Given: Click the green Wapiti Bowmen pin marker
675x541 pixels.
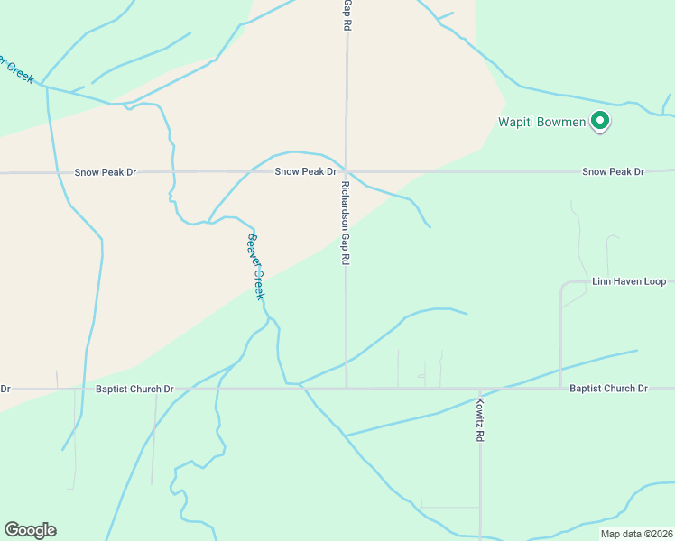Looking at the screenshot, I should [600, 121].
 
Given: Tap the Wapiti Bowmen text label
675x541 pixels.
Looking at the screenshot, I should [542, 122].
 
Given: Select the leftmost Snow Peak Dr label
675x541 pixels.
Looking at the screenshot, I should [106, 171].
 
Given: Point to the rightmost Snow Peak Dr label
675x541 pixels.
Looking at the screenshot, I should [613, 171].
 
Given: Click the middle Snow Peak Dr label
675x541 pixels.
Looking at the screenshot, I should [306, 171].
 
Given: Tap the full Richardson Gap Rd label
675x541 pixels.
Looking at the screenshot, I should [346, 222].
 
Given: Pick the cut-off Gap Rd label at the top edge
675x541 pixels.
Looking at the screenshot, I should [347, 16].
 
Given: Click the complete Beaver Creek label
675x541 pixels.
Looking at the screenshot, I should [255, 268].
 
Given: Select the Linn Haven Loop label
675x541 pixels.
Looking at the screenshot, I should [629, 281].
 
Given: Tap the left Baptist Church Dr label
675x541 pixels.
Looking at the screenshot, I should [134, 390].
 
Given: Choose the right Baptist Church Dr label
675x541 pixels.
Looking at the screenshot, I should [608, 389].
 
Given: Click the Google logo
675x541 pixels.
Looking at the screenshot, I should [30, 530].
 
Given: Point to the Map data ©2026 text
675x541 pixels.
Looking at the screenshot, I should [635, 533].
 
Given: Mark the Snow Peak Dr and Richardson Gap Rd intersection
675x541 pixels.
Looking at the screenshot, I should [347, 170].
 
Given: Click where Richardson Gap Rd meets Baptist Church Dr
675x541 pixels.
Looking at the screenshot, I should [347, 389].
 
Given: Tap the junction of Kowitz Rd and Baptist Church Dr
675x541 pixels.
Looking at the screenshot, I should [480, 389].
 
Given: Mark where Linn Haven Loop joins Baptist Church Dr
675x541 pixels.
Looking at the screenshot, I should [560, 389].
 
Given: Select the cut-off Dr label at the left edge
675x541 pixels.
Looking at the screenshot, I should [5, 390].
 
